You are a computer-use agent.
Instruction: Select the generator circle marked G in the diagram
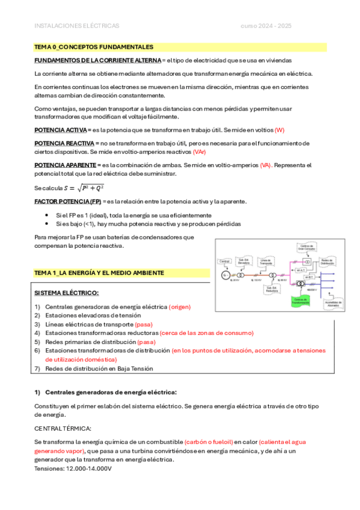(225, 275)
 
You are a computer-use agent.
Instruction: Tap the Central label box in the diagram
(225, 261)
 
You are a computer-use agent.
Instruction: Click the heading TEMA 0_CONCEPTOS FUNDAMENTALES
(93, 47)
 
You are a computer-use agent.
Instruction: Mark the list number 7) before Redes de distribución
(37, 368)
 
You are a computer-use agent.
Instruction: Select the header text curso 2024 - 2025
(266, 26)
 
